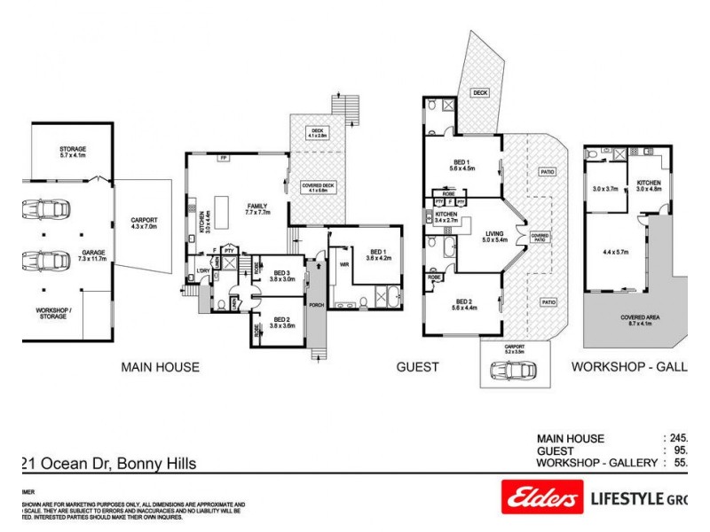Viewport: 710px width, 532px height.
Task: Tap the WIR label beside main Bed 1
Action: click(x=343, y=264)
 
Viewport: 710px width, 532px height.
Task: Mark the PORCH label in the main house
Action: click(x=315, y=305)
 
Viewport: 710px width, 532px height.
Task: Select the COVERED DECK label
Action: click(x=317, y=187)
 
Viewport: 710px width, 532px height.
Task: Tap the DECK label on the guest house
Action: click(x=480, y=92)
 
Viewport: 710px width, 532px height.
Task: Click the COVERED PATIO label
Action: click(x=540, y=237)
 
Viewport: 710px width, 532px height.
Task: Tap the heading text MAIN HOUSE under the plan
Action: click(x=161, y=366)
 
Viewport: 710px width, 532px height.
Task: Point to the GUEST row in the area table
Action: click(x=559, y=450)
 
